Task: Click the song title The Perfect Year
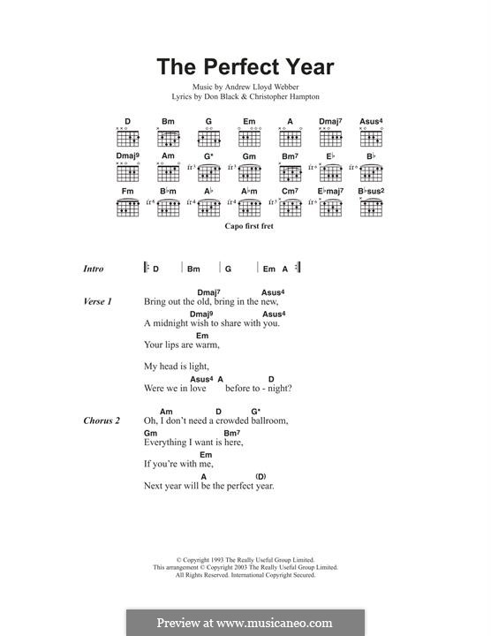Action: pos(245,66)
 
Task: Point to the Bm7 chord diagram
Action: pos(291,173)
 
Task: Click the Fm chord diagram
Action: pos(127,208)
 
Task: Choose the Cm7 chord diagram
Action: pos(291,208)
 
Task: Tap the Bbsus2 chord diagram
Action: pos(372,208)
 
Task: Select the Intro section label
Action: pos(93,269)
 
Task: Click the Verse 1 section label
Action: pos(97,302)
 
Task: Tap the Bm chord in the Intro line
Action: pos(193,269)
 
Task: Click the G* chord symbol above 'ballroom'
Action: pos(256,412)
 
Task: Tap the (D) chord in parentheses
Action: pos(261,477)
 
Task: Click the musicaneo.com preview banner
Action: pos(245,622)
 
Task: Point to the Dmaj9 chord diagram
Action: pos(127,173)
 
